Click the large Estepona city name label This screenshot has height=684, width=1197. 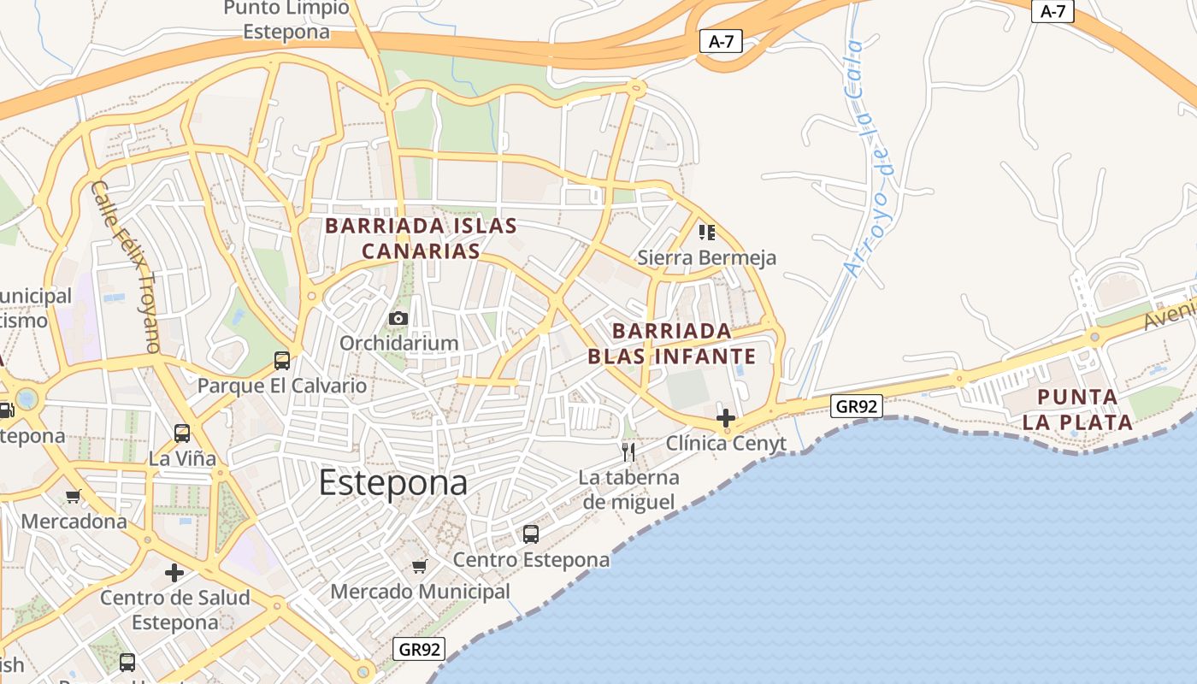click(x=393, y=484)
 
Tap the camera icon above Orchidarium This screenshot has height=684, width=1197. click(x=398, y=319)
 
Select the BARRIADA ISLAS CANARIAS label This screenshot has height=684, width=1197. click(x=421, y=239)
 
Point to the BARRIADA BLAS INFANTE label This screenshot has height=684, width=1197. click(x=672, y=344)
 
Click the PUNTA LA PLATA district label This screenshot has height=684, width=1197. click(x=1077, y=410)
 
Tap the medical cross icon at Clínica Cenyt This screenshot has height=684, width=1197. click(x=726, y=418)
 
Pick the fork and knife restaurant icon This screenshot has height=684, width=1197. click(x=628, y=451)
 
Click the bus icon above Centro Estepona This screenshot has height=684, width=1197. click(x=531, y=534)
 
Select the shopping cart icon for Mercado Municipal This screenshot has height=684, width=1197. click(x=419, y=566)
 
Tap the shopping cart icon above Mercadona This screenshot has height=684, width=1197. click(x=74, y=496)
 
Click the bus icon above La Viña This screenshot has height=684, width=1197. click(x=182, y=433)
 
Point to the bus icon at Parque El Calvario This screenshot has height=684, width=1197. click(x=282, y=360)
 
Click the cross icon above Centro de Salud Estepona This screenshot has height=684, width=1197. click(x=174, y=572)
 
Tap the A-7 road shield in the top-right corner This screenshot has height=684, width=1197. click(x=1053, y=11)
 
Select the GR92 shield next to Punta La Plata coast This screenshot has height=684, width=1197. click(x=856, y=406)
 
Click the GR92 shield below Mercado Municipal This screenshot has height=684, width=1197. click(x=420, y=649)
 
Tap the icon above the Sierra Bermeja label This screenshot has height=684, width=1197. click(x=706, y=232)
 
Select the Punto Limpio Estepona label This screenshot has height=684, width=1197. click(x=286, y=21)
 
